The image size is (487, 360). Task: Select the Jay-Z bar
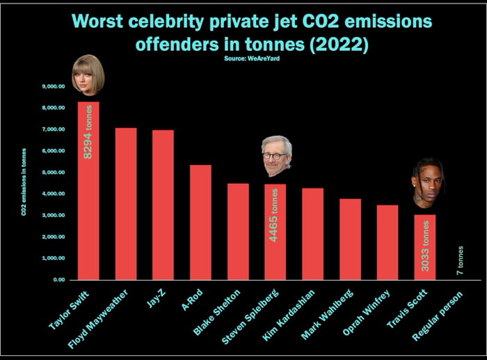(163, 205)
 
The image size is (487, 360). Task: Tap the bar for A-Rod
(200, 222)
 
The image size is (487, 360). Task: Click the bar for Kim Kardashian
(312, 233)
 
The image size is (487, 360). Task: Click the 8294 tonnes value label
(88, 136)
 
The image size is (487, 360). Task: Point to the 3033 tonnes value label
(424, 246)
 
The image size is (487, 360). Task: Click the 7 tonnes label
(461, 260)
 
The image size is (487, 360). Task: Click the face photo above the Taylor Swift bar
(88, 75)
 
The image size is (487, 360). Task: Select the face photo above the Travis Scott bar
(426, 182)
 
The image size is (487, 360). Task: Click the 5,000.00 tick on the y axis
(54, 172)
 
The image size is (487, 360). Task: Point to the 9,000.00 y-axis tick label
(54, 86)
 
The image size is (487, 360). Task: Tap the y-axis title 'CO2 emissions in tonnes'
(24, 182)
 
